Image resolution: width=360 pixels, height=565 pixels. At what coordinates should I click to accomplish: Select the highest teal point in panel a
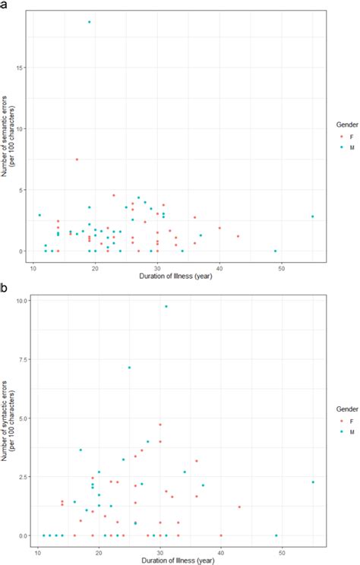point(90,22)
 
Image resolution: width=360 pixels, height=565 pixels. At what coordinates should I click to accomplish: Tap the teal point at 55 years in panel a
point(312,216)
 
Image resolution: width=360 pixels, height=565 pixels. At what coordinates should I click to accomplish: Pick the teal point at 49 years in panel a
point(275,251)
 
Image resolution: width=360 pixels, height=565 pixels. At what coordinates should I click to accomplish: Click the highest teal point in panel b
point(166,306)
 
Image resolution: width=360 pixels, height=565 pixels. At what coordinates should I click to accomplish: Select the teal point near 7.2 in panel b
point(129,368)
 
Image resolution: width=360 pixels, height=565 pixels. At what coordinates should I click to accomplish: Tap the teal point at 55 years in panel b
point(313,482)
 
